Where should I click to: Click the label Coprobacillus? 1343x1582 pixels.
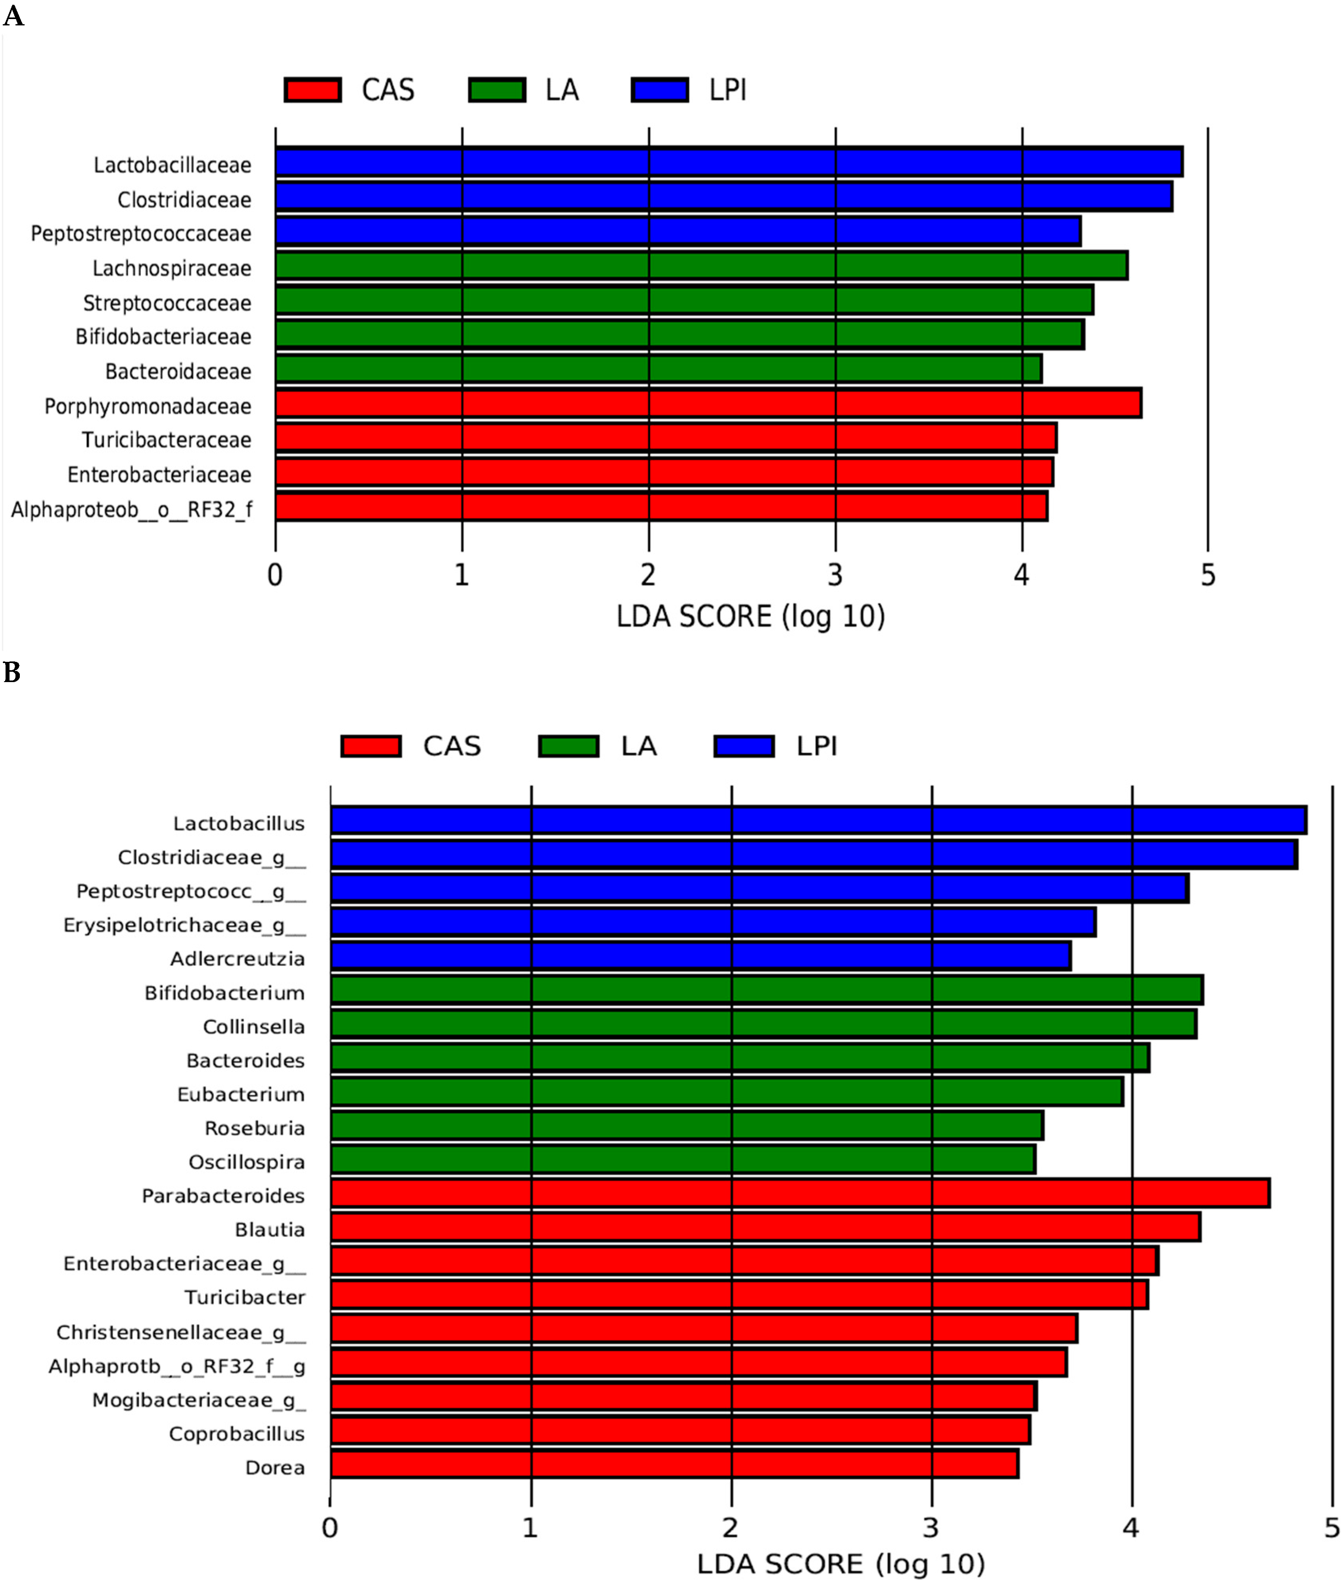237,1434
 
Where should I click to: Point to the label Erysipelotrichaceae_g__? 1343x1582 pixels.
184,925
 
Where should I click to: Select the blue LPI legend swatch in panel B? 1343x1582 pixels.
744,746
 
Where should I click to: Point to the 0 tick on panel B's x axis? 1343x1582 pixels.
330,1528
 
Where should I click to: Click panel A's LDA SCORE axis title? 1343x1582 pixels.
751,616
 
